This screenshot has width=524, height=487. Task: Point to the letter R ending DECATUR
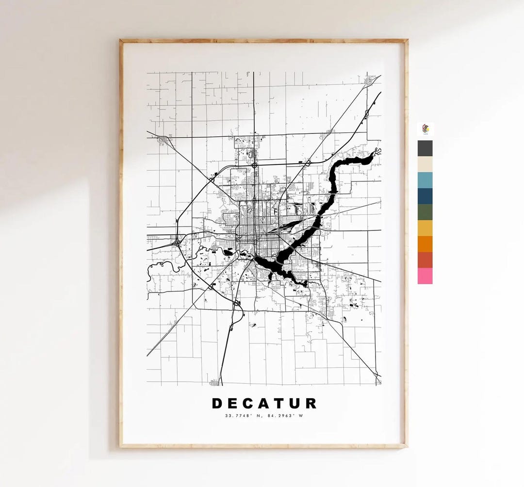click(x=311, y=404)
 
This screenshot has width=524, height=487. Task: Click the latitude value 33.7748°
click(x=236, y=415)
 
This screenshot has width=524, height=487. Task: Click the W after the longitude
click(x=300, y=415)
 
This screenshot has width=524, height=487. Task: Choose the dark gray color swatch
click(x=425, y=148)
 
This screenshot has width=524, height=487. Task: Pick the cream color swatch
click(x=425, y=164)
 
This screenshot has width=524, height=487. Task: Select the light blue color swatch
click(x=425, y=180)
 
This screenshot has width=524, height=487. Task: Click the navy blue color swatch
click(x=425, y=196)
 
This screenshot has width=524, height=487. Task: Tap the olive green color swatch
click(x=425, y=212)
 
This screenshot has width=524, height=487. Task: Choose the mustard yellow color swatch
click(x=425, y=228)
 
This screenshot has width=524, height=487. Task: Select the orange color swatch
click(x=425, y=244)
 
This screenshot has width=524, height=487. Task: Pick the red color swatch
click(x=425, y=260)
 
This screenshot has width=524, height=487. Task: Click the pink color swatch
click(x=425, y=276)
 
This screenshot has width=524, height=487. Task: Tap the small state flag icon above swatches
click(x=426, y=129)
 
